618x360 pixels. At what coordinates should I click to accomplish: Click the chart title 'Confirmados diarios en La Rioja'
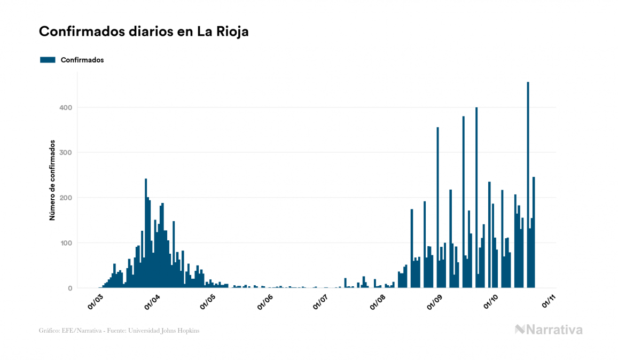pos(144,32)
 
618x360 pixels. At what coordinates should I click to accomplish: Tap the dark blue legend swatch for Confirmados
pos(48,60)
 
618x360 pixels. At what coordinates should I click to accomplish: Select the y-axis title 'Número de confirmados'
pos(52,181)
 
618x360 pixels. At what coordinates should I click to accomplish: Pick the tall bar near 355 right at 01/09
pos(437,208)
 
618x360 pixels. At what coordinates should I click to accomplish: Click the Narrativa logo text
pos(554,330)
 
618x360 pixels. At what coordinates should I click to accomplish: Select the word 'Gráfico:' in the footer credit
pos(49,331)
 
